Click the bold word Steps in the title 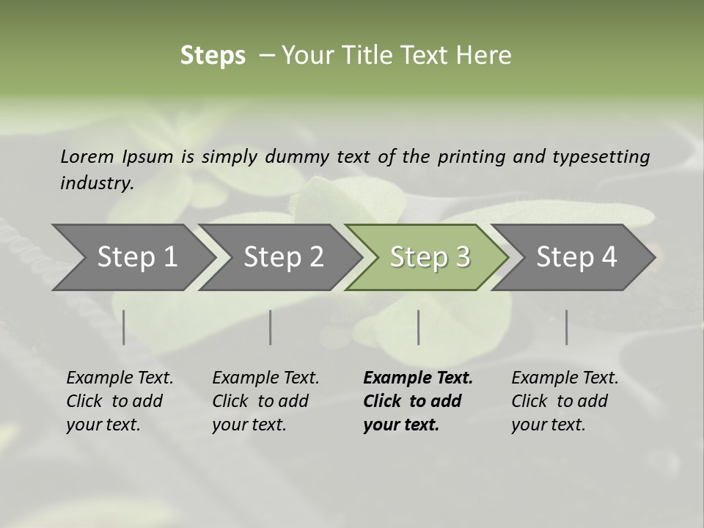point(213,56)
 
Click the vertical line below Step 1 point(124,327)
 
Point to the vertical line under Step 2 point(271,327)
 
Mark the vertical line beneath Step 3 point(418,327)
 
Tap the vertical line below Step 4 point(566,327)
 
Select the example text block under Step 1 point(120,401)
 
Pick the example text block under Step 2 point(265,401)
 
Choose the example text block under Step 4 point(565,401)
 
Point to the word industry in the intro point(97,183)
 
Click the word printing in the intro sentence point(469,157)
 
